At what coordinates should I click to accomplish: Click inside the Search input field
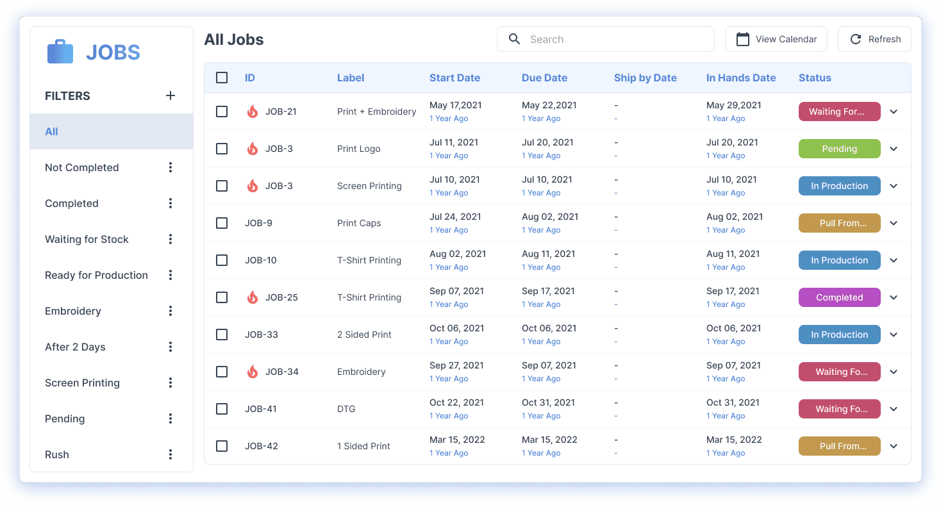pos(615,39)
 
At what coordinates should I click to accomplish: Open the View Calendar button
pos(776,39)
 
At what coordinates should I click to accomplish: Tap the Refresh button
pos(874,39)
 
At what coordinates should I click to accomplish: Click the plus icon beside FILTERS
pos(171,95)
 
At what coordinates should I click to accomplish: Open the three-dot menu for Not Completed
pos(171,167)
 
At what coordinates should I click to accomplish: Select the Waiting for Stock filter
pos(87,239)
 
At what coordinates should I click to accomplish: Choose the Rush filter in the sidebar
pos(57,454)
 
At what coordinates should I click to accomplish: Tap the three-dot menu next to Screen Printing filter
pos(171,383)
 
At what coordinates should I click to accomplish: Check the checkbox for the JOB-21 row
pos(222,112)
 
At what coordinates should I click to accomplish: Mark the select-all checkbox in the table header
pos(222,78)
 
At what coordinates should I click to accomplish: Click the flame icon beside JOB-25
pos(253,297)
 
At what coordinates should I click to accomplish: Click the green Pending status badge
pos(839,149)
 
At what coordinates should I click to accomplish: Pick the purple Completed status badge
pos(839,297)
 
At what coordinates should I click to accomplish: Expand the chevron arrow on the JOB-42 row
pos(894,446)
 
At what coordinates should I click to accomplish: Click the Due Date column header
pos(544,78)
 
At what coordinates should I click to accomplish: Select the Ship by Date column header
pos(645,78)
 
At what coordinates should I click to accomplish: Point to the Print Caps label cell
pos(359,223)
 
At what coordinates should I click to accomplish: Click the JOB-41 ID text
pos(261,409)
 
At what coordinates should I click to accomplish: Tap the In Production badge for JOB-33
pos(839,335)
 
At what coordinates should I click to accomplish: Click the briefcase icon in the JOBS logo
pos(60,52)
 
